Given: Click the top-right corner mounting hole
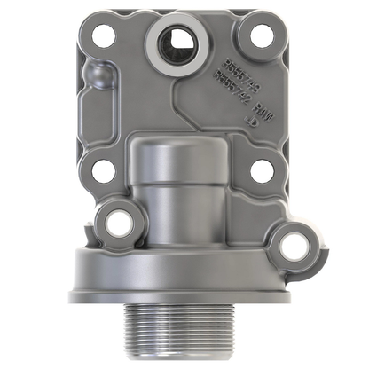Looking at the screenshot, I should point(260,36).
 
